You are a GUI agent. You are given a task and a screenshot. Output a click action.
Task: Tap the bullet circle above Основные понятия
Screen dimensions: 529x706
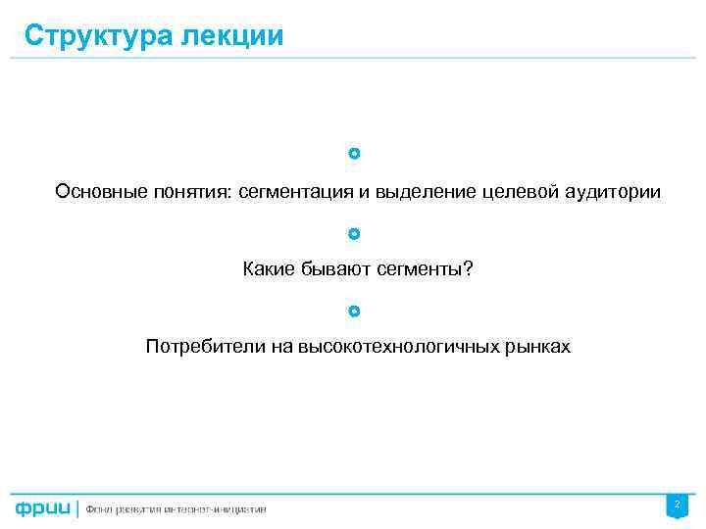(354, 154)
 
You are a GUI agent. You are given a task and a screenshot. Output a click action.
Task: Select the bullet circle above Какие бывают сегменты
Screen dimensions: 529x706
(354, 234)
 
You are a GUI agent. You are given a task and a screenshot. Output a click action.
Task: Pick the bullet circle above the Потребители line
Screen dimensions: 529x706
(354, 312)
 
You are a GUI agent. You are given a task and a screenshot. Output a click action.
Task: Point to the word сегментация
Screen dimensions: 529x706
(297, 192)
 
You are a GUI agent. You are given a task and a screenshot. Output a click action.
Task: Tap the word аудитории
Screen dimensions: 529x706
(613, 192)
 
